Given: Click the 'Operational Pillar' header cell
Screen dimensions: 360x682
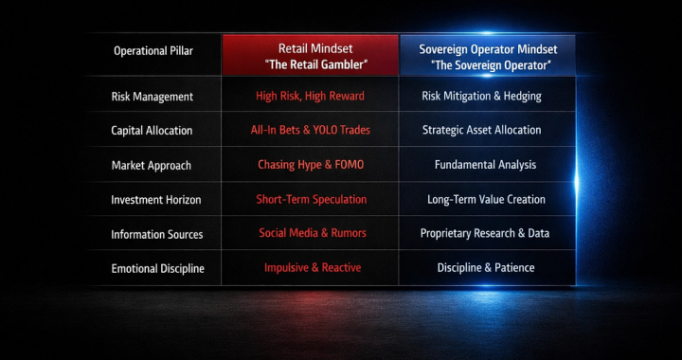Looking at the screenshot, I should pyautogui.click(x=153, y=50).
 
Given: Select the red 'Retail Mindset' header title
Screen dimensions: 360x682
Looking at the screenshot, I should pyautogui.click(x=310, y=47).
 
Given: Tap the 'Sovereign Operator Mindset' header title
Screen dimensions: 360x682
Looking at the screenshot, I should pyautogui.click(x=488, y=48).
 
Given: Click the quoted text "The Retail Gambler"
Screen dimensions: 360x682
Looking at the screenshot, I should pyautogui.click(x=310, y=64).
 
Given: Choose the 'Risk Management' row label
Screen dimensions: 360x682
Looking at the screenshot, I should pyautogui.click(x=152, y=97).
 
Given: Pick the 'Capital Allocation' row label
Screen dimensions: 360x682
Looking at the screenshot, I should pyautogui.click(x=153, y=131).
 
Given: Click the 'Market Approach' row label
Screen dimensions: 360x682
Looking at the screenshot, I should pyautogui.click(x=151, y=165).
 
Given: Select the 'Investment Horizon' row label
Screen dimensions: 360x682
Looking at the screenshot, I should pyautogui.click(x=156, y=200).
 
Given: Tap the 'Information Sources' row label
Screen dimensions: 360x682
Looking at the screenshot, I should pyautogui.click(x=156, y=234).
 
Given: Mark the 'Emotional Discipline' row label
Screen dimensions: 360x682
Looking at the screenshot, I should pyautogui.click(x=157, y=268).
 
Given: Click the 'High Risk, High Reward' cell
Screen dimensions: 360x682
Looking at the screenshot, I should pyautogui.click(x=310, y=96).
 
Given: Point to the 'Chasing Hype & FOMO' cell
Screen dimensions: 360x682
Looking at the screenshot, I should pyautogui.click(x=311, y=165).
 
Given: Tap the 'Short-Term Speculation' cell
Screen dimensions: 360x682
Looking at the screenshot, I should pyautogui.click(x=311, y=199).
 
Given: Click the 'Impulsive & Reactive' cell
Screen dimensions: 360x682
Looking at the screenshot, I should pyautogui.click(x=313, y=267).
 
